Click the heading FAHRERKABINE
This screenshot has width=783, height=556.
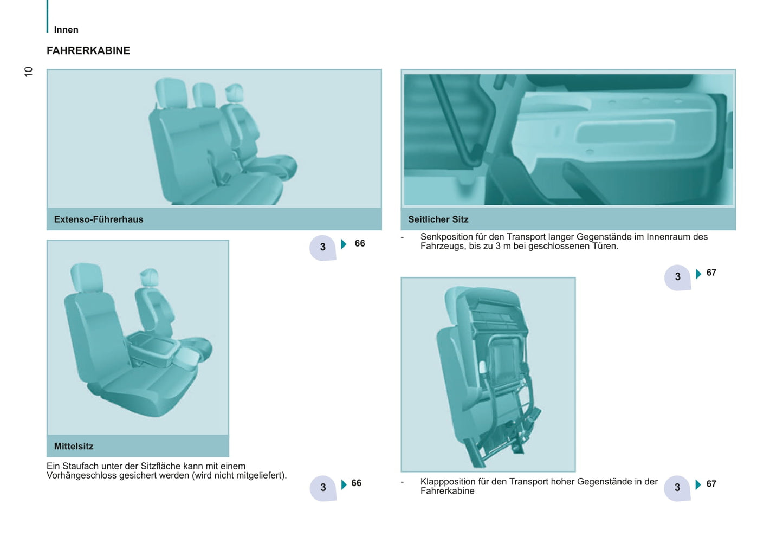pyautogui.click(x=88, y=51)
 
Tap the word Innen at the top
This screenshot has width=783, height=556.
pyautogui.click(x=66, y=30)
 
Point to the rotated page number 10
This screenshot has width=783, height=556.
pyautogui.click(x=28, y=72)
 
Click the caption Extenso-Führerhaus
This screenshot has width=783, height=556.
pyautogui.click(x=99, y=219)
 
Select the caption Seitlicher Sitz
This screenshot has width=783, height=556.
pyautogui.click(x=438, y=219)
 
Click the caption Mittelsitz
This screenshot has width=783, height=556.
pyautogui.click(x=74, y=446)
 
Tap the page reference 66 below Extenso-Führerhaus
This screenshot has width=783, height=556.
pyautogui.click(x=360, y=243)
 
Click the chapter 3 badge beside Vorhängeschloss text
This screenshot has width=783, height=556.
pyautogui.click(x=323, y=488)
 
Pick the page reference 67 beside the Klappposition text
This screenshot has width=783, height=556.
pyautogui.click(x=711, y=483)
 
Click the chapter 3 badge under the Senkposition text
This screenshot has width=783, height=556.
pyautogui.click(x=677, y=277)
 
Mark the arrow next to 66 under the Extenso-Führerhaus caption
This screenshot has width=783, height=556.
pyautogui.click(x=344, y=244)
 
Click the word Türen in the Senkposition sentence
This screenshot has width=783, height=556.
pyautogui.click(x=606, y=246)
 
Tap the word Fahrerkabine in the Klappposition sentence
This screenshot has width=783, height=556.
pyautogui.click(x=448, y=491)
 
